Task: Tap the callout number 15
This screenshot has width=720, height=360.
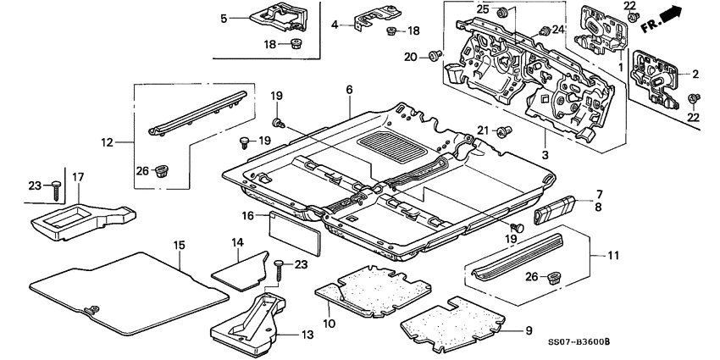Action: [x=178, y=246]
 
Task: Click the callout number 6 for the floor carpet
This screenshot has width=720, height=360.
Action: [x=348, y=89]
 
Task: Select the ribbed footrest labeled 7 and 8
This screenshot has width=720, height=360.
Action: [x=555, y=207]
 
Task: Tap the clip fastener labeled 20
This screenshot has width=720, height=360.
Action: [x=435, y=56]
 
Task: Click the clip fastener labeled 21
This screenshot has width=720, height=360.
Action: [x=503, y=130]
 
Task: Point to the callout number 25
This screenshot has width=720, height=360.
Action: [x=482, y=8]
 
